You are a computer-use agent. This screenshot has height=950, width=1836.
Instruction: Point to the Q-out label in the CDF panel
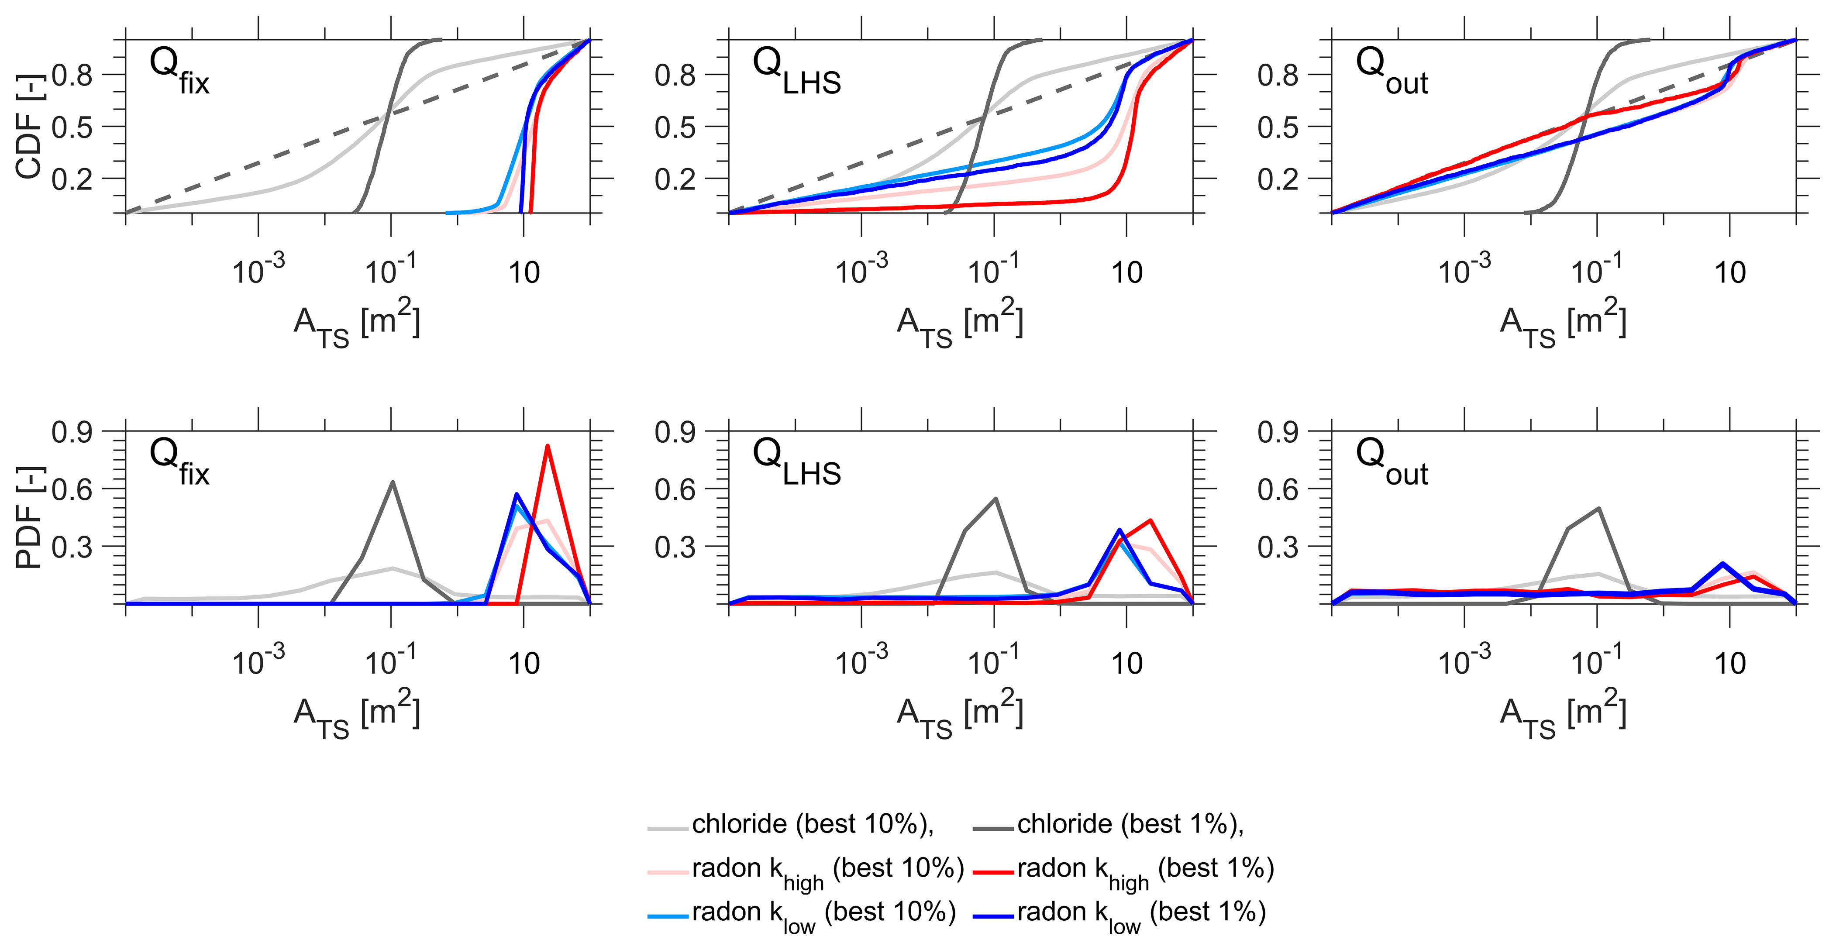[x=1391, y=71]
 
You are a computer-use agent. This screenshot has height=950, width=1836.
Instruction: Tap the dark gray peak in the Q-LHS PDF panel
[x=995, y=499]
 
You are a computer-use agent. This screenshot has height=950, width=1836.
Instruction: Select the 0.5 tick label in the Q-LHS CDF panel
[x=674, y=127]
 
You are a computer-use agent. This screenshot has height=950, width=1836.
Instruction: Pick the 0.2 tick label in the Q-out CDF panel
[x=1277, y=179]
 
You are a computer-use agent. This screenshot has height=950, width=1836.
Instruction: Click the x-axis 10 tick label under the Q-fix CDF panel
[x=524, y=273]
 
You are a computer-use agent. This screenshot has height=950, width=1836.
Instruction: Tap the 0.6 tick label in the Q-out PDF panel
[x=1277, y=489]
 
